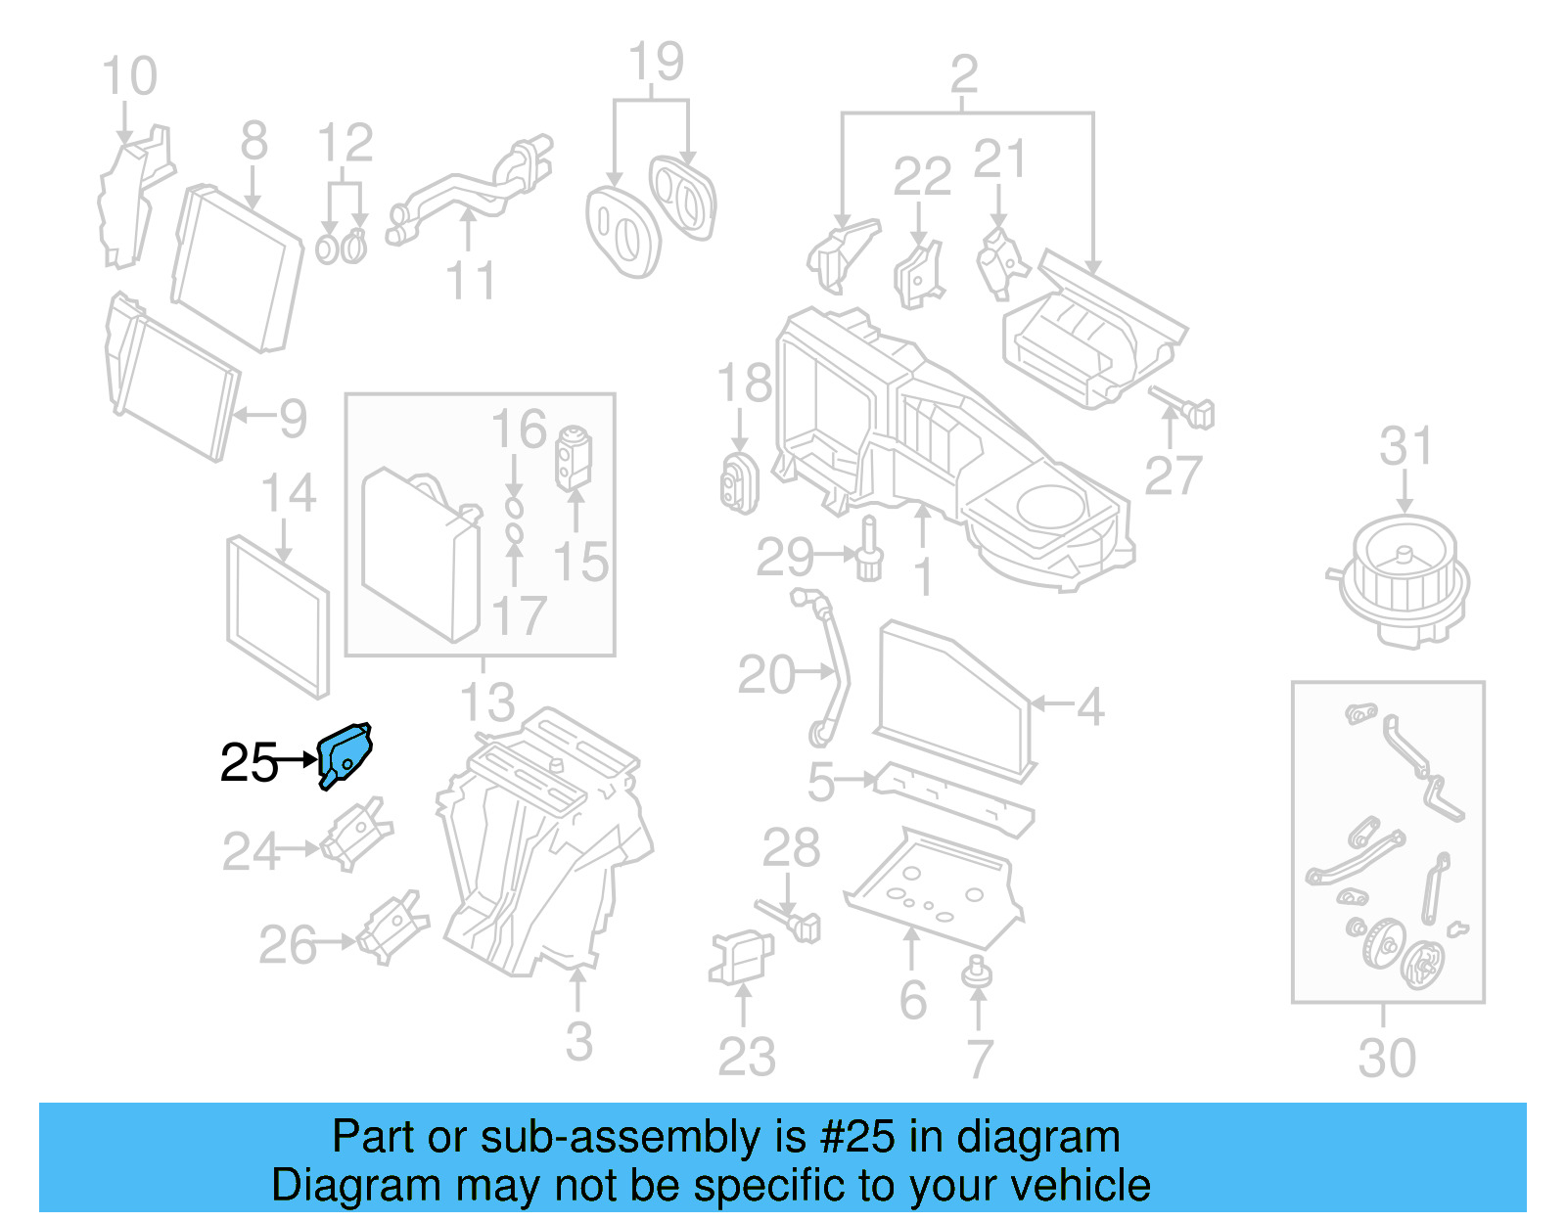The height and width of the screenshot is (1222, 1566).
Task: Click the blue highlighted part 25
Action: click(x=345, y=754)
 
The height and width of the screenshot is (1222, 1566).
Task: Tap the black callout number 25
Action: click(x=249, y=762)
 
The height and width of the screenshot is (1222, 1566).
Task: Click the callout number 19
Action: click(x=656, y=63)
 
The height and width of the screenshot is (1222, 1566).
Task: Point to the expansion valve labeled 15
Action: click(x=573, y=456)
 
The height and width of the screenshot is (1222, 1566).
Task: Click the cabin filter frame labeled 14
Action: click(x=278, y=616)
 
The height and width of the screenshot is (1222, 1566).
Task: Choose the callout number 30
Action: click(x=1386, y=1058)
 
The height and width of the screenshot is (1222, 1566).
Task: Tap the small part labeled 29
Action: click(x=868, y=556)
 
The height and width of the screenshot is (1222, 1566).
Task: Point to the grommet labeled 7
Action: click(x=976, y=973)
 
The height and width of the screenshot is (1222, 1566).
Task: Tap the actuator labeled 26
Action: click(x=393, y=926)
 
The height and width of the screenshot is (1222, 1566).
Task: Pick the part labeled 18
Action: click(x=739, y=482)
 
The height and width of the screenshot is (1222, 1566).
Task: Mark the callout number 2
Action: click(x=964, y=74)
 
